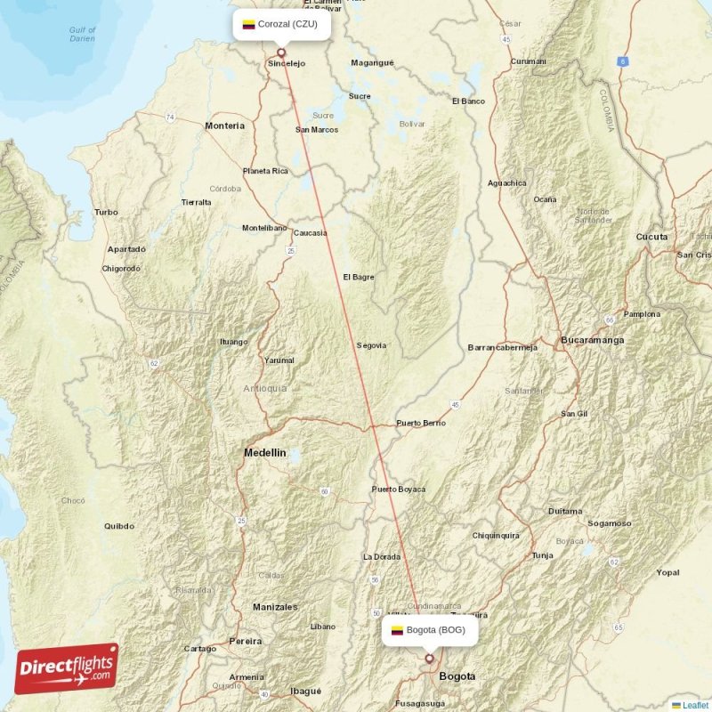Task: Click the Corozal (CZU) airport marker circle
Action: pos(282,53)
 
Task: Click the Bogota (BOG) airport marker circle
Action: pos(430,659)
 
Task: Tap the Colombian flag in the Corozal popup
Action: pos(248,24)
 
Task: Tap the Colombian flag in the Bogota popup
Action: pos(397,630)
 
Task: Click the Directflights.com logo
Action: pos(67,668)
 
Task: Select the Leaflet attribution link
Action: pos(694,705)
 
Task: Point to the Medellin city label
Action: pos(265,453)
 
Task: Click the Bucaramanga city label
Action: pos(592,340)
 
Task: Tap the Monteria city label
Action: pos(224,125)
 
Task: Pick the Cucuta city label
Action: pos(651,237)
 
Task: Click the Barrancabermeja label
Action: pos(502,348)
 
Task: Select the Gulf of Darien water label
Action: pos(83,35)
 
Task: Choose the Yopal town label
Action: pos(667,572)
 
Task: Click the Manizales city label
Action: pos(275,607)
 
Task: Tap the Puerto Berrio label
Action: pos(421,423)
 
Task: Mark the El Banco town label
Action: pos(468,101)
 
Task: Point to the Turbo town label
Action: pos(105,212)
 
